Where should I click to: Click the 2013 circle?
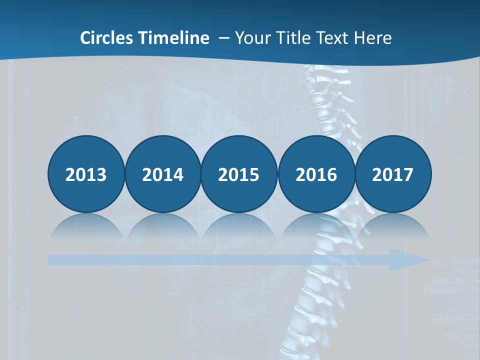(86, 174)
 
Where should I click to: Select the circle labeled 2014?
(162, 174)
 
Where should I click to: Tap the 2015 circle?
(239, 174)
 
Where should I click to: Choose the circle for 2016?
(316, 174)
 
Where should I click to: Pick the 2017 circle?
(392, 174)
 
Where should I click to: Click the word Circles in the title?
(106, 37)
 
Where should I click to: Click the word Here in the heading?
(373, 37)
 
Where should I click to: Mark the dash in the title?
(223, 38)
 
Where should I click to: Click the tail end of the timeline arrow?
(52, 259)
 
